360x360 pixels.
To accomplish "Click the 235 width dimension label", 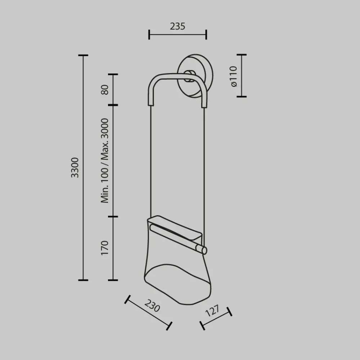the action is [177, 26].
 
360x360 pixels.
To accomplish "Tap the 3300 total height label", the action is [75, 168].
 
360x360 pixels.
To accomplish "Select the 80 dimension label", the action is [104, 90].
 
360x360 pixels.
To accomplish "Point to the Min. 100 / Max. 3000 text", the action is [104, 161].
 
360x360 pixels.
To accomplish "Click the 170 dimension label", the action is [104, 248].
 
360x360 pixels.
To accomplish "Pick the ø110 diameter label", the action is [233, 76].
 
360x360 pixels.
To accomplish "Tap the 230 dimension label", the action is [152, 306].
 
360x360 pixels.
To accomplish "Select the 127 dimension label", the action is [212, 311].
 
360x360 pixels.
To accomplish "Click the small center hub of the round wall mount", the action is [189, 76].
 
